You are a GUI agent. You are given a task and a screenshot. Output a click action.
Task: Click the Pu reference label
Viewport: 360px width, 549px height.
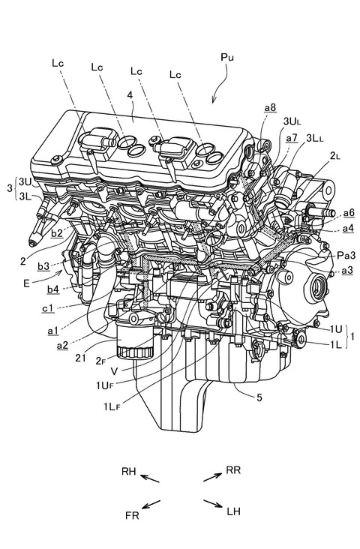[x=227, y=58]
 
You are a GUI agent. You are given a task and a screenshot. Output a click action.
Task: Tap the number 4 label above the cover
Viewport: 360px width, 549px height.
[x=130, y=95]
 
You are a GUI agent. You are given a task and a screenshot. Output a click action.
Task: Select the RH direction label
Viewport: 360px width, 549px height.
[x=128, y=471]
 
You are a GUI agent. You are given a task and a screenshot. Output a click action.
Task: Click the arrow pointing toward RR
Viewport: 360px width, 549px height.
[x=212, y=477]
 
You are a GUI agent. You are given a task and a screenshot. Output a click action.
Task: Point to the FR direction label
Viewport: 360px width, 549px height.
[x=132, y=515]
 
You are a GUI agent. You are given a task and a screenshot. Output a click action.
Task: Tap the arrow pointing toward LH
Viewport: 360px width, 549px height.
[x=212, y=503]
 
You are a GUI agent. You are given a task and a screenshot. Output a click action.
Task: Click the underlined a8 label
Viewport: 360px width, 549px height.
[x=270, y=108]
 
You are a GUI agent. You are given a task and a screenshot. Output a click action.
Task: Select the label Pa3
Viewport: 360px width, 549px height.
[x=346, y=256]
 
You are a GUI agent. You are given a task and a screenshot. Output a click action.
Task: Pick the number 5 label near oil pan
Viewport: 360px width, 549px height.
[x=259, y=397]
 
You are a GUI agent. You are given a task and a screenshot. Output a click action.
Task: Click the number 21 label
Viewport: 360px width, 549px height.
[x=80, y=358]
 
